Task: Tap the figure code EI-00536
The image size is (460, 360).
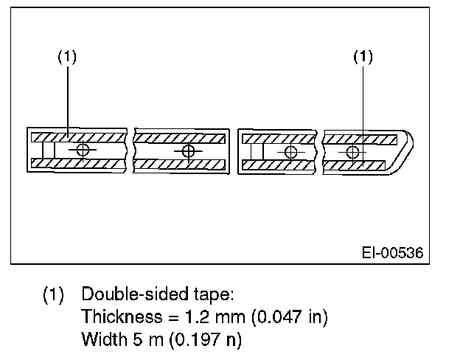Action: (392, 252)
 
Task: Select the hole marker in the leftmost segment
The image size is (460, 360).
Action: (81, 150)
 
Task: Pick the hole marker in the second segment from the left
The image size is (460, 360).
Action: (189, 152)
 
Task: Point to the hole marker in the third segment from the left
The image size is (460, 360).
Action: (290, 152)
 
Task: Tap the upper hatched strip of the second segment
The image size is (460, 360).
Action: (179, 138)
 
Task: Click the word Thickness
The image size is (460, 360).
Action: (117, 317)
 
